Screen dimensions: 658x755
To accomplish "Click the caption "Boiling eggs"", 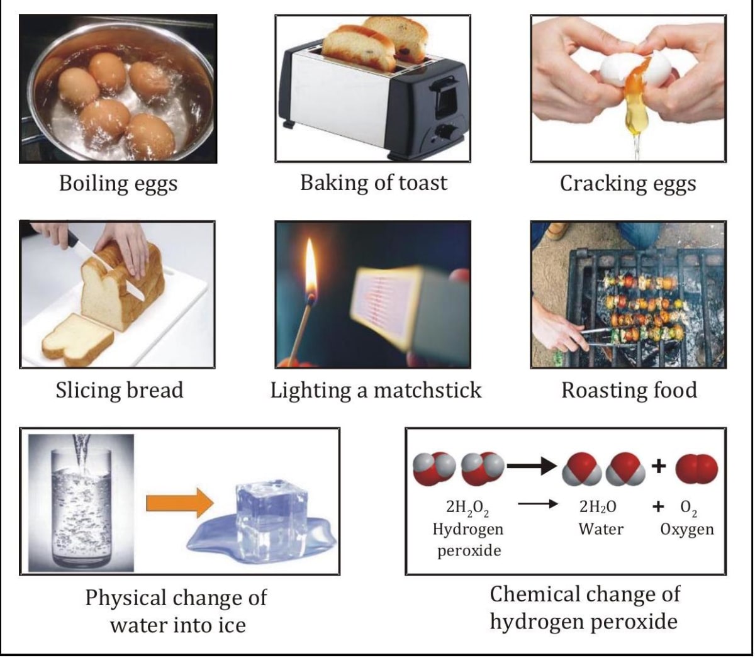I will click(x=118, y=184).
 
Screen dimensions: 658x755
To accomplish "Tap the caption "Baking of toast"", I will click(x=374, y=182).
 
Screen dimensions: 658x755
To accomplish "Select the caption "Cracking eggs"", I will click(x=628, y=184).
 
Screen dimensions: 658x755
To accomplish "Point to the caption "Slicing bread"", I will click(x=120, y=390).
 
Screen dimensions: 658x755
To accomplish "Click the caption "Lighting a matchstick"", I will click(x=376, y=390).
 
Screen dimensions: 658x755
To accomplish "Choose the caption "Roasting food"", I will click(x=629, y=390).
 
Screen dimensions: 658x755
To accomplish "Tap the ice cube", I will click(x=264, y=512).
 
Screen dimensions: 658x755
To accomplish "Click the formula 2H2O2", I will click(x=467, y=507).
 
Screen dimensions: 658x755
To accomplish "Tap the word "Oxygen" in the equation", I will click(x=687, y=529).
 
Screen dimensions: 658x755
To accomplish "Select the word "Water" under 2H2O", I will click(x=601, y=529).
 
